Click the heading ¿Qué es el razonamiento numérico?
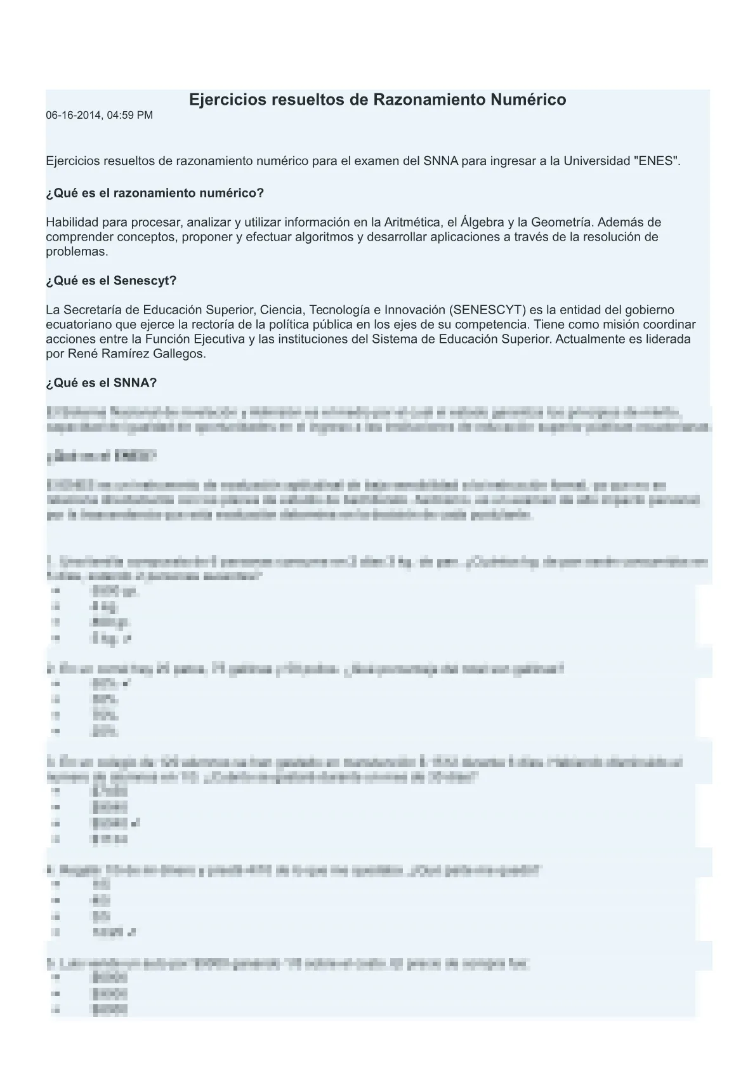tap(155, 193)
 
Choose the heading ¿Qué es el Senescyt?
tap(111, 281)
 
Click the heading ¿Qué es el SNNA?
tap(102, 383)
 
